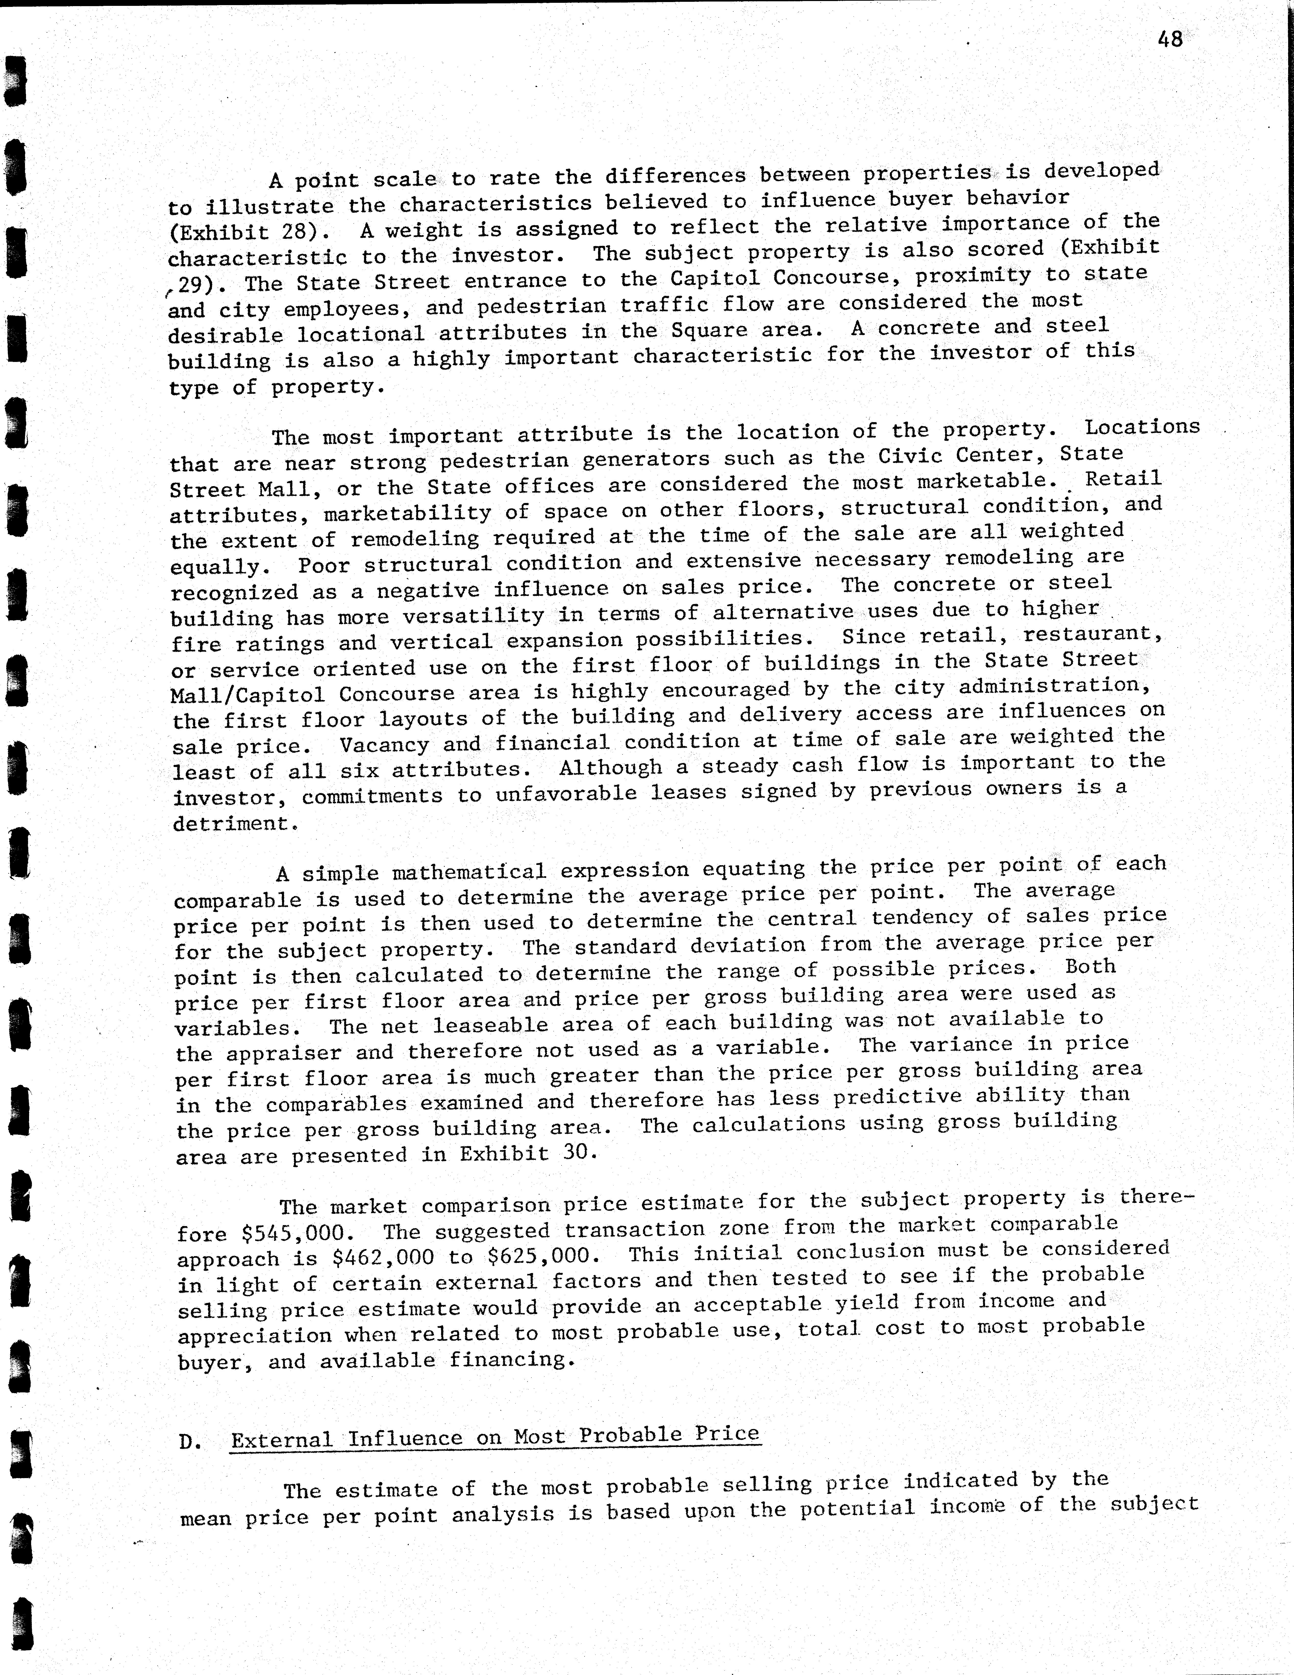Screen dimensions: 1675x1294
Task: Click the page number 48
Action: pyautogui.click(x=1171, y=39)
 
